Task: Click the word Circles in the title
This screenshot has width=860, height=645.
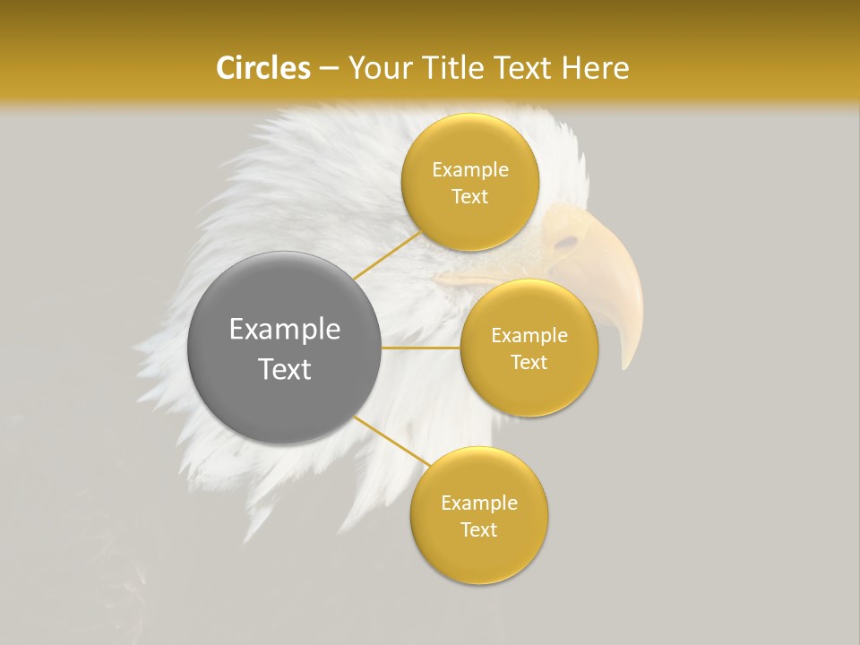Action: pyautogui.click(x=262, y=68)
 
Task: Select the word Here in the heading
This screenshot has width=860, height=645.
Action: pyautogui.click(x=596, y=68)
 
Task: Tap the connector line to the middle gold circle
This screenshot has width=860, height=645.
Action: pyautogui.click(x=421, y=347)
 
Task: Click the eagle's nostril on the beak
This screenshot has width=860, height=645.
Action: pyautogui.click(x=566, y=242)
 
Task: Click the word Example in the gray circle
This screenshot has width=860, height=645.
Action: pyautogui.click(x=285, y=330)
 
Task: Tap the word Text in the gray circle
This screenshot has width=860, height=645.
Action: pyautogui.click(x=285, y=369)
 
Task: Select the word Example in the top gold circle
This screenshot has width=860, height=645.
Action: pyautogui.click(x=470, y=170)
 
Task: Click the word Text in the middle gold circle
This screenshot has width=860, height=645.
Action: pyautogui.click(x=529, y=362)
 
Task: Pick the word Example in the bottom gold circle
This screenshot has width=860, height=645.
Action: pyautogui.click(x=479, y=503)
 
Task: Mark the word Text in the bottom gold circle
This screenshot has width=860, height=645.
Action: pyautogui.click(x=479, y=529)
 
